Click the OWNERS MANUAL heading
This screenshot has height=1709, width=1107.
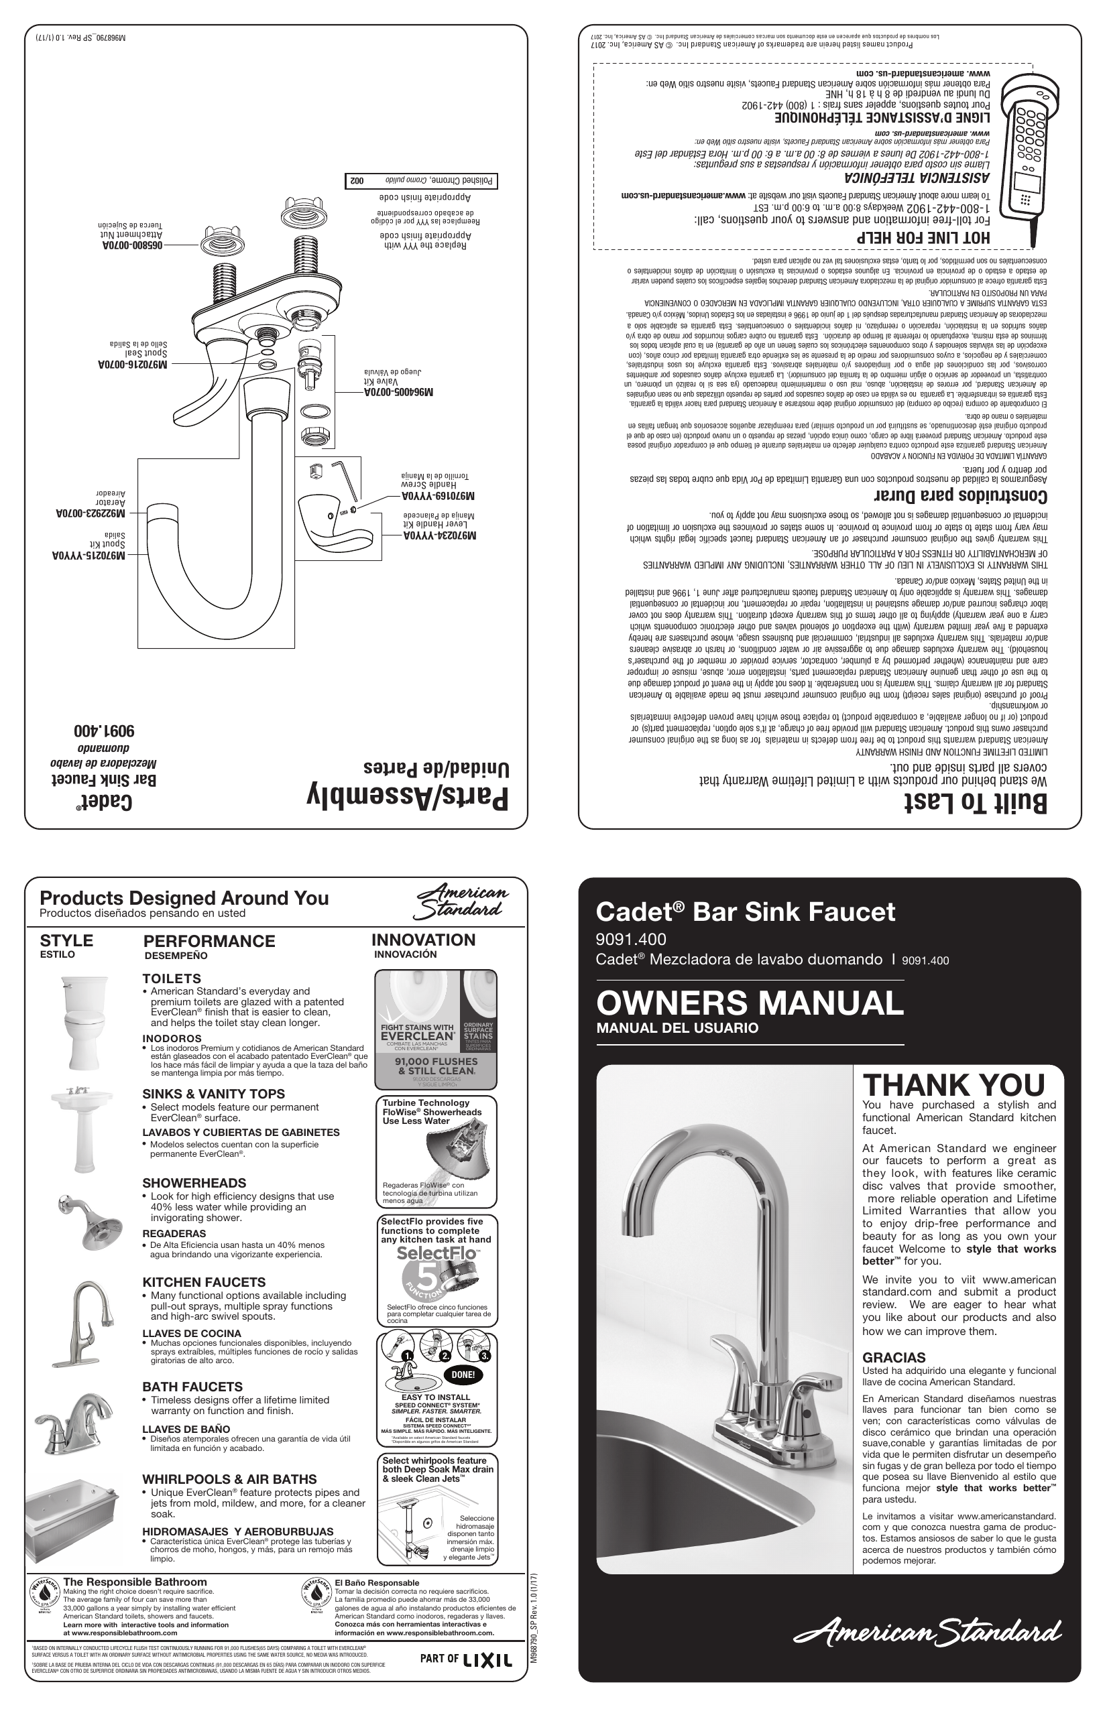click(x=749, y=1003)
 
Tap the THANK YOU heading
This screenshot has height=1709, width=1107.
click(x=953, y=1085)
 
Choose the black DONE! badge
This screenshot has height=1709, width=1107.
click(x=463, y=1375)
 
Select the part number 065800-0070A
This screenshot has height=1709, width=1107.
click(x=129, y=245)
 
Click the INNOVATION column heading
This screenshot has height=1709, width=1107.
click(x=423, y=940)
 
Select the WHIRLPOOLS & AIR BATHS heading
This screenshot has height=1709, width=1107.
click(x=229, y=1479)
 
